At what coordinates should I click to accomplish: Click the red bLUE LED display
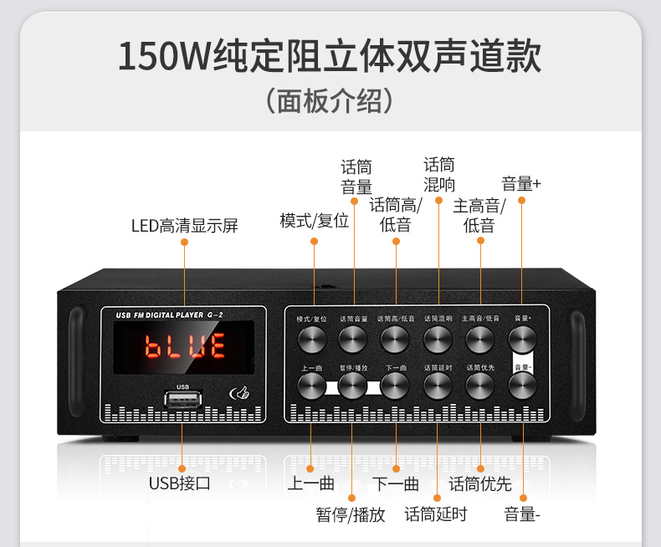[x=185, y=345]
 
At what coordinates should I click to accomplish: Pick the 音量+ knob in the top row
[x=522, y=338]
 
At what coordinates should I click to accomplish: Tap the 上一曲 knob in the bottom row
[x=310, y=385]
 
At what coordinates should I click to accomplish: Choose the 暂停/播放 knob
[x=352, y=385]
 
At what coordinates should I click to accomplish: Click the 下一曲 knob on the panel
[x=394, y=385]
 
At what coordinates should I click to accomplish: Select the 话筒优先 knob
[x=479, y=385]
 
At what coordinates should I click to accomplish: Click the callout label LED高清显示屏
[x=184, y=225]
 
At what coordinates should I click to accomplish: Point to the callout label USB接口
[x=179, y=483]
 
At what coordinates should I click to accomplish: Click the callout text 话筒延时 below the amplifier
[x=436, y=514]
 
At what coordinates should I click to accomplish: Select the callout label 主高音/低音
[x=479, y=215]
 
